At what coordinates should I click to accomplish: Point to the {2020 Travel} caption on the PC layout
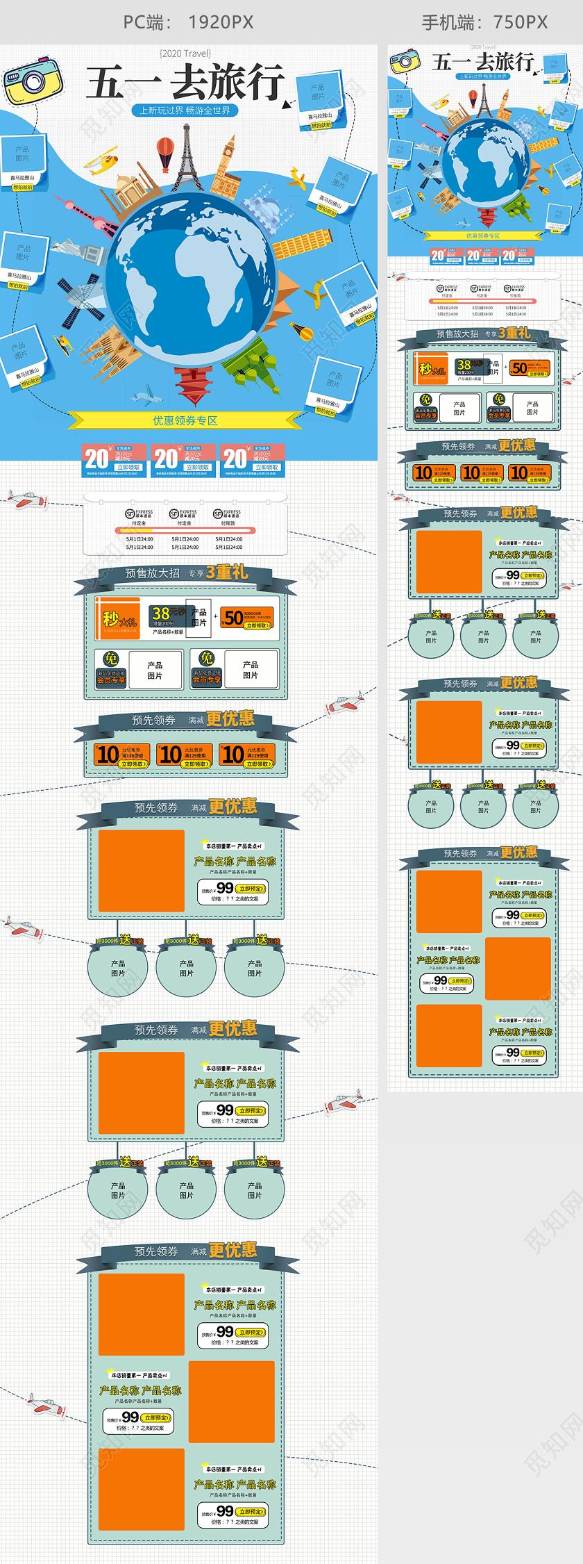coord(185,53)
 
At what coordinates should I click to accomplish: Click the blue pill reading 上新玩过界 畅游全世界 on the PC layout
coord(185,110)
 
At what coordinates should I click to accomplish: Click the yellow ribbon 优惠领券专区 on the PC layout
coord(185,420)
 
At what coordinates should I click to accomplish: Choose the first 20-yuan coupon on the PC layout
coord(114,460)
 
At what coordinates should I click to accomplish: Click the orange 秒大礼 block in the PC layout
coord(119,618)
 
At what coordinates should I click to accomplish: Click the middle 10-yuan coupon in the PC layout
coord(185,755)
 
